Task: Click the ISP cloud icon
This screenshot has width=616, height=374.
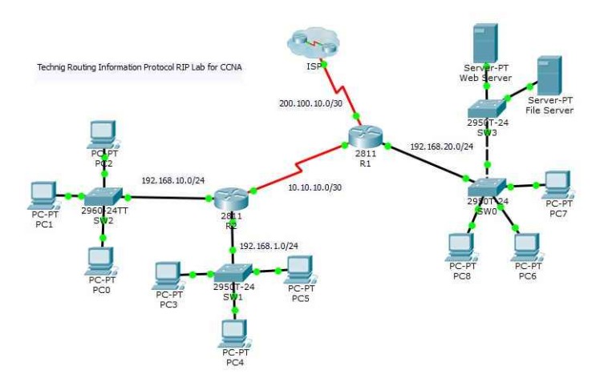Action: click(314, 42)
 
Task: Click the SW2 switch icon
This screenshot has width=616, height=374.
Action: click(103, 195)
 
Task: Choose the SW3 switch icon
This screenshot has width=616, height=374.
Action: click(488, 109)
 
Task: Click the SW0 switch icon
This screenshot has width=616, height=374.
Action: click(488, 187)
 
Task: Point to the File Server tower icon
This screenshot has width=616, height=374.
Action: click(549, 76)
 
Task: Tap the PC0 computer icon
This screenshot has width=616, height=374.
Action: click(102, 259)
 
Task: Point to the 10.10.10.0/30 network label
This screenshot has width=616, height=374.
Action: click(314, 187)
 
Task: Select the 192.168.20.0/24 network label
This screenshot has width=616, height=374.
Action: click(441, 147)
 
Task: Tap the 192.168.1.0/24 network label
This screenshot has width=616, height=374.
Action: click(269, 245)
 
